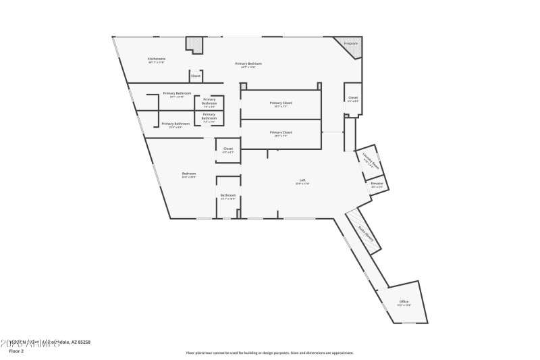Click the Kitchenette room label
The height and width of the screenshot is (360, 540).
click(x=157, y=59)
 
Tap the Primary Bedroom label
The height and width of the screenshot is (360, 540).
click(x=248, y=64)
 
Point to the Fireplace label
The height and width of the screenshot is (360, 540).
click(x=350, y=43)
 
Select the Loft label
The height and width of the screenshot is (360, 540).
click(x=302, y=180)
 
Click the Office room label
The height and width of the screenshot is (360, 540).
click(x=404, y=302)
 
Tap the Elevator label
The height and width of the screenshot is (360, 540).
click(x=377, y=184)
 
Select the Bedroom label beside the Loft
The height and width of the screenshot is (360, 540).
click(x=189, y=174)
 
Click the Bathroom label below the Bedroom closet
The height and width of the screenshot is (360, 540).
click(x=228, y=196)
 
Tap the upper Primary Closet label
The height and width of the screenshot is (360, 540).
click(x=280, y=103)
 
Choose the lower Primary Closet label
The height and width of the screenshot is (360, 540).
click(x=280, y=132)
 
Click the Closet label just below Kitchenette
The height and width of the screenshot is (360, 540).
click(x=196, y=76)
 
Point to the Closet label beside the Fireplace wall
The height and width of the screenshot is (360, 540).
click(x=353, y=99)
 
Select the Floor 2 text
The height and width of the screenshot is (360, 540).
click(x=16, y=351)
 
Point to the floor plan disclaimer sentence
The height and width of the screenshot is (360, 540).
click(x=269, y=353)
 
